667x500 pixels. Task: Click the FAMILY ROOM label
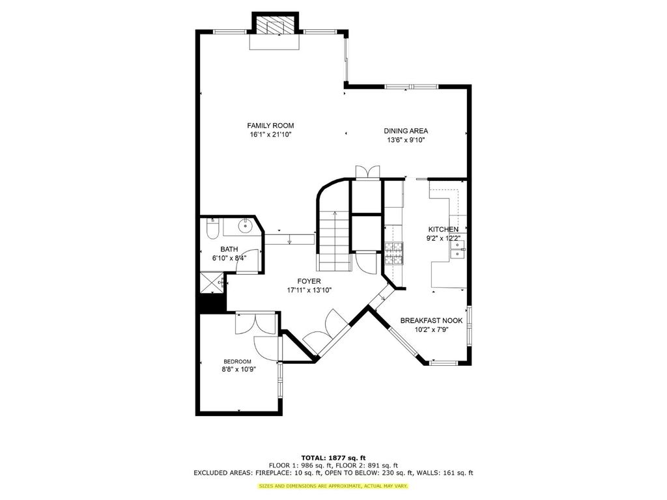[270, 126]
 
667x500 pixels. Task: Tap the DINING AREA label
[406, 131]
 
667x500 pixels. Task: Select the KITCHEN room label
[443, 229]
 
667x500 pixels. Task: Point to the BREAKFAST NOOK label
[431, 320]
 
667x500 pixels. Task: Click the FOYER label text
[309, 281]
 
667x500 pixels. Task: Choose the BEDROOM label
[237, 362]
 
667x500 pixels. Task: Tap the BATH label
[229, 249]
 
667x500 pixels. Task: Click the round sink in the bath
[246, 226]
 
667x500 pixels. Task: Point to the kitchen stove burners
[394, 253]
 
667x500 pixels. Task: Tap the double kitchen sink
[458, 249]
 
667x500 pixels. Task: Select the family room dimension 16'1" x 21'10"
[270, 135]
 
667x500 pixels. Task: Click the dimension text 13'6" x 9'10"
[406, 140]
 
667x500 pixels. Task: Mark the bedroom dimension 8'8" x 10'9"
[238, 370]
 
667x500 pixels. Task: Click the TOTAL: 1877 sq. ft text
[333, 458]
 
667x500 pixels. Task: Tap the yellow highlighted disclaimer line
[333, 486]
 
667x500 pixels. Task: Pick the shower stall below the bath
[212, 283]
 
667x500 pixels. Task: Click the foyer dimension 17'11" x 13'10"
[309, 290]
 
